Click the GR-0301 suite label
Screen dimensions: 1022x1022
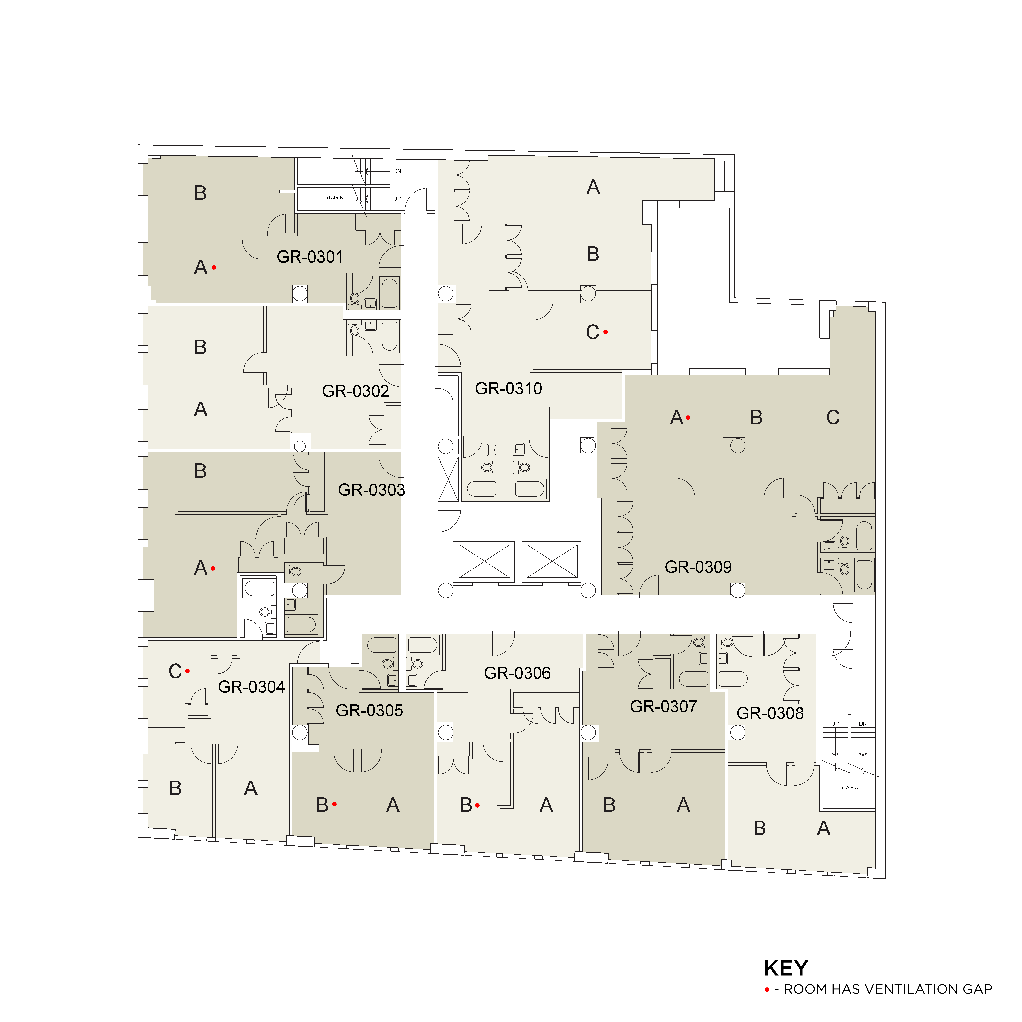point(310,257)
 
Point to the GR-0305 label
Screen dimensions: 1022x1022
point(369,710)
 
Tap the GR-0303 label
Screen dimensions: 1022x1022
point(371,490)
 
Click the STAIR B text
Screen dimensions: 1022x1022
point(334,197)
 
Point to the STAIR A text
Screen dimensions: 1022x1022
point(849,787)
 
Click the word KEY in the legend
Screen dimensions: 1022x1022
point(786,968)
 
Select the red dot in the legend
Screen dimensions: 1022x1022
point(766,989)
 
